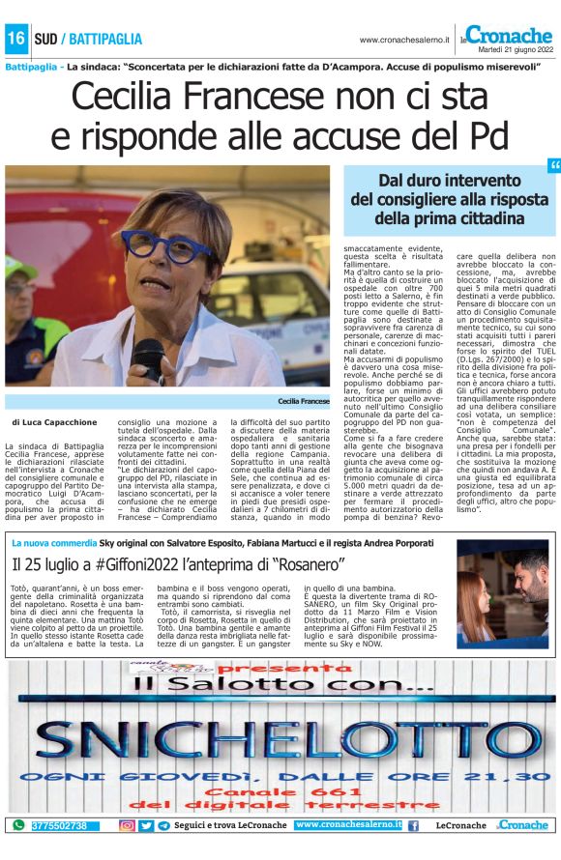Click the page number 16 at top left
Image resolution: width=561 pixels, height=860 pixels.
tap(15, 40)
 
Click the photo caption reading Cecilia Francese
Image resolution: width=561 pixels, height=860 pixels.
tap(303, 400)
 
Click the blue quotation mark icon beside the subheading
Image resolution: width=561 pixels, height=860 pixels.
tap(554, 167)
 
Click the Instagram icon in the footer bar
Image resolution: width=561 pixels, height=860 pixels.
tap(127, 825)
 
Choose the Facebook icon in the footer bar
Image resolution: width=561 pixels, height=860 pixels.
tap(413, 825)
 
